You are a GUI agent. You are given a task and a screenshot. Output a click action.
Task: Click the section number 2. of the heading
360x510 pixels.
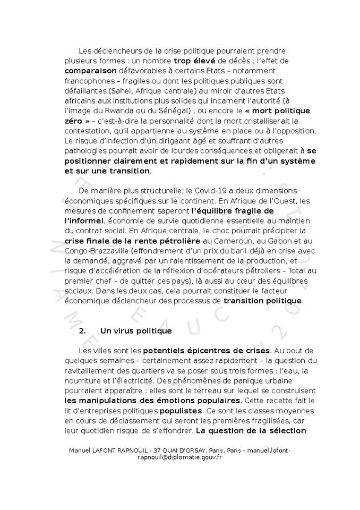(x=82, y=330)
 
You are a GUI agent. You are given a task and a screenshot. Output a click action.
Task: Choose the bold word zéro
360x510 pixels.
(x=74, y=121)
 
